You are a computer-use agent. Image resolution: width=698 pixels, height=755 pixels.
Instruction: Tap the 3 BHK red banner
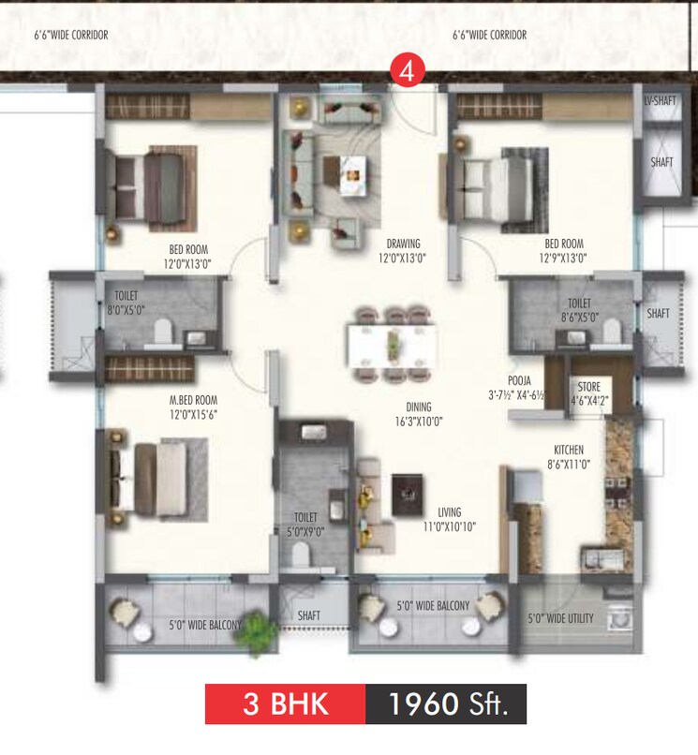285,704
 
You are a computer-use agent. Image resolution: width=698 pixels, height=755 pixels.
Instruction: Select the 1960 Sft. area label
445,704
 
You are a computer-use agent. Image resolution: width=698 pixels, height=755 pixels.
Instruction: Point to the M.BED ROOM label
193,400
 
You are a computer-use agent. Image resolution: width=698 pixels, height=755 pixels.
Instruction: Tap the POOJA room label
521,380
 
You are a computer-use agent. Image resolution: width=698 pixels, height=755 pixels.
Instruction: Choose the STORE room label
588,385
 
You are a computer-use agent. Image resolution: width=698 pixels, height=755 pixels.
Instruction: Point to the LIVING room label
450,512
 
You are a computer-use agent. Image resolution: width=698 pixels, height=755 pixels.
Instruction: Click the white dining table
392,343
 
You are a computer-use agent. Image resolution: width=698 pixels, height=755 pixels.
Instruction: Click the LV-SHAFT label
661,100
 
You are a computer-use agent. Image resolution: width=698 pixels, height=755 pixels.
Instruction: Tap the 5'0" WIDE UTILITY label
560,617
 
